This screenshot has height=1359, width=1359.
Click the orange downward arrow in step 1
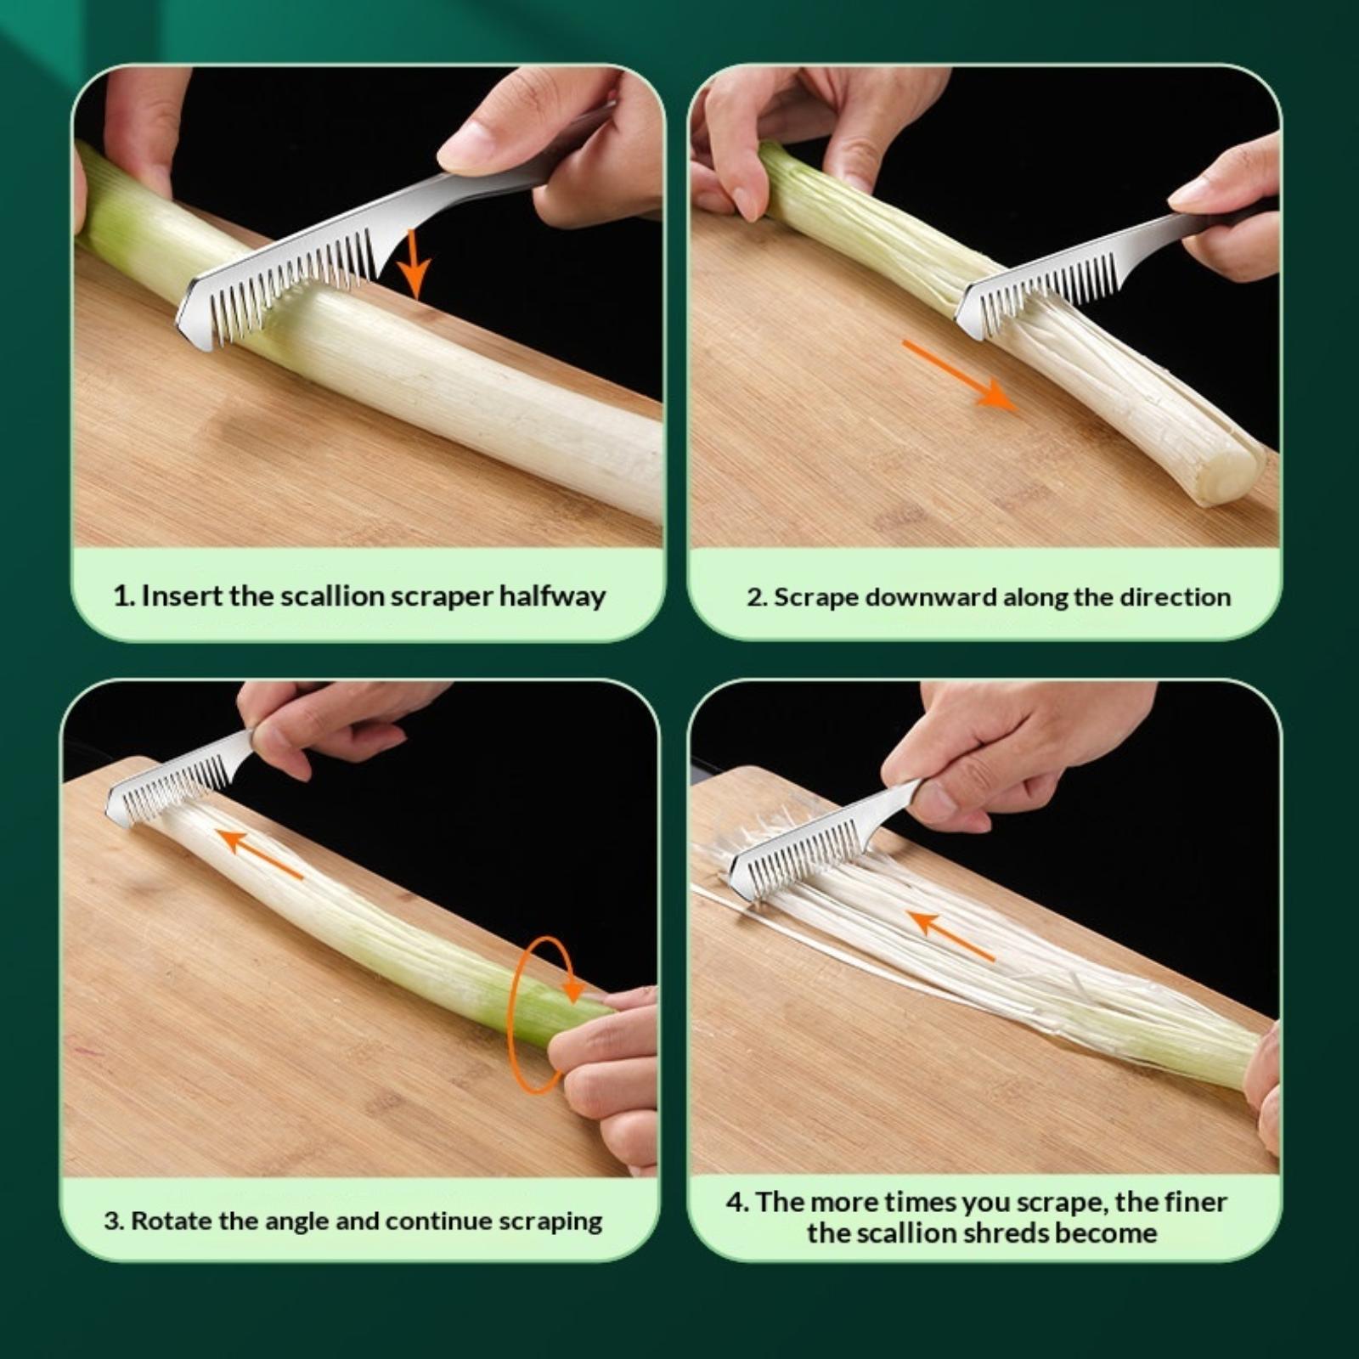(414, 264)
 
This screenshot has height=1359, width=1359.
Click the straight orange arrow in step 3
(260, 854)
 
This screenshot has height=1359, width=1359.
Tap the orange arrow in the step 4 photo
(951, 935)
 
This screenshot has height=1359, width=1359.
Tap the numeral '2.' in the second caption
(757, 597)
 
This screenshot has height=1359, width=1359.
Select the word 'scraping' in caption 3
(550, 1222)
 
